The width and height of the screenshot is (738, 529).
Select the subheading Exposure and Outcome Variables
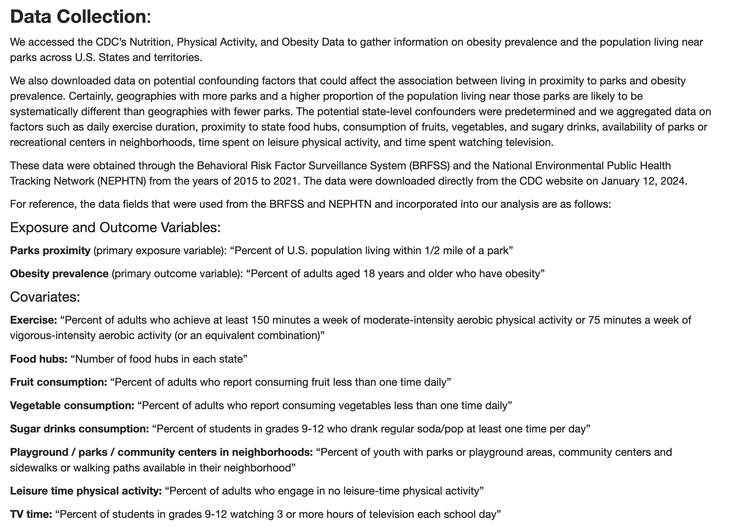point(115,227)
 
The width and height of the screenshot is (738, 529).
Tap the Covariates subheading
point(45,297)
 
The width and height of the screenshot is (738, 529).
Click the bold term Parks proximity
point(50,250)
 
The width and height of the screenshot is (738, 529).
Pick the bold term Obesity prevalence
point(59,274)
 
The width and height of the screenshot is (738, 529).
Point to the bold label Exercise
point(33,320)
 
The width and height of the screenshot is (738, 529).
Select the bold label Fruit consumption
point(59,382)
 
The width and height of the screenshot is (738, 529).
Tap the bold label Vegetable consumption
point(72,405)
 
